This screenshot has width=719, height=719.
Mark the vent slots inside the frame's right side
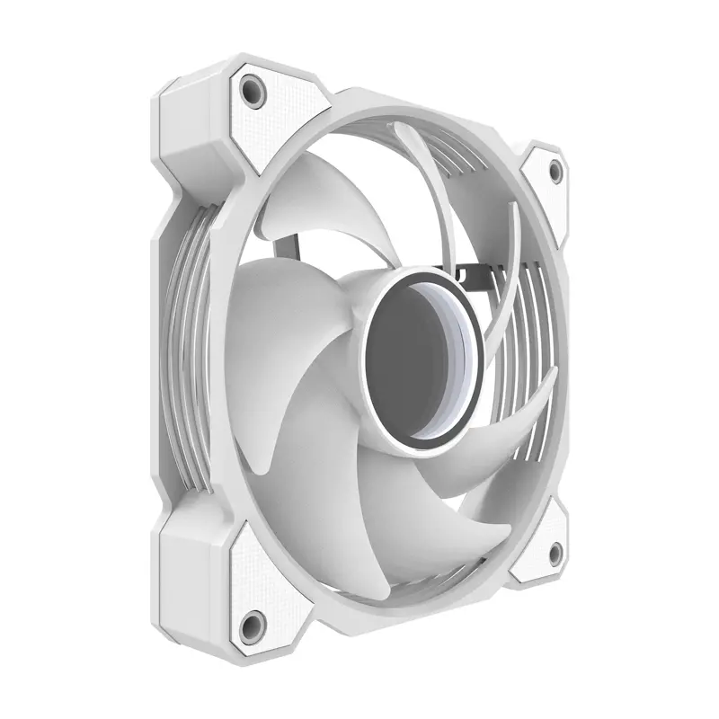[x=530, y=359]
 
